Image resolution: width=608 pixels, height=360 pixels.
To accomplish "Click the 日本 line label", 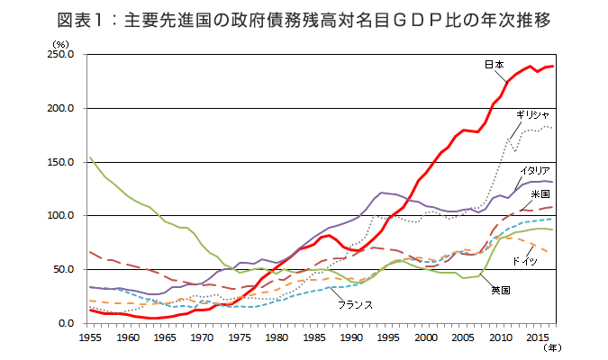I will click(494, 65).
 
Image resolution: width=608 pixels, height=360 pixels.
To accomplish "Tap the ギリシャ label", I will click(532, 115).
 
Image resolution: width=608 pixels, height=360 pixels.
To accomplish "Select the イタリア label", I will click(535, 170).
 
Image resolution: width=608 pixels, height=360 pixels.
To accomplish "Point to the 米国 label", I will click(540, 193).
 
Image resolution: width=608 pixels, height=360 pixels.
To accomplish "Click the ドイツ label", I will click(525, 261).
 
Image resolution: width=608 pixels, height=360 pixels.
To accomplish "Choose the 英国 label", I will click(501, 290).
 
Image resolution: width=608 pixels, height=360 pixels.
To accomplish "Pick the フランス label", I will click(355, 305).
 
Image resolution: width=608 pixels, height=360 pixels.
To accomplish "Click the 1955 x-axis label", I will click(90, 337).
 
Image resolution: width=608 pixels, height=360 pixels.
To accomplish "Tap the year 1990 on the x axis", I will click(351, 337).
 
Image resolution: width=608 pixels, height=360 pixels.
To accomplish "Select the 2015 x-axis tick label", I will click(538, 337).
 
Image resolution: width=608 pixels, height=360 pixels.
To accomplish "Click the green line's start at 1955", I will click(90, 157).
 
